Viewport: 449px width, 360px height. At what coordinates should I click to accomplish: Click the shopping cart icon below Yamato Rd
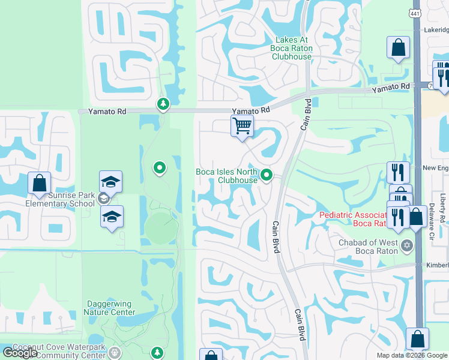(242, 127)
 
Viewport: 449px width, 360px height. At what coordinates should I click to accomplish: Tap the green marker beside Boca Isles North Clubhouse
(268, 176)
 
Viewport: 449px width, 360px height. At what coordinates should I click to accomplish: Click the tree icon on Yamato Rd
(163, 104)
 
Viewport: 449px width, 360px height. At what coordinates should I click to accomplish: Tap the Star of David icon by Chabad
(408, 245)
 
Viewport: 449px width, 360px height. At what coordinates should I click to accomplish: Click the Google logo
(20, 353)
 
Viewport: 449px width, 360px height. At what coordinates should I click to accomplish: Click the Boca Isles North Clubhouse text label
(226, 176)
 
